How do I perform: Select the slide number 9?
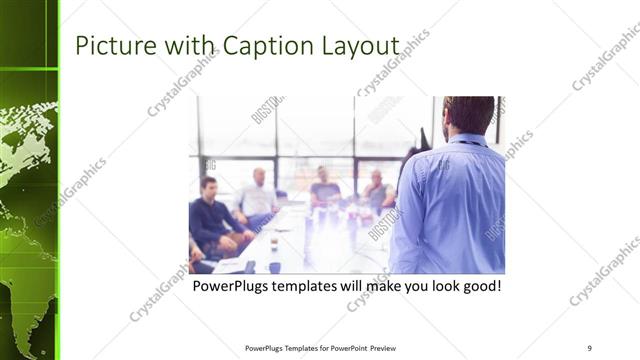(589, 348)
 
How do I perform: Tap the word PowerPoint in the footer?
(346, 348)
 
